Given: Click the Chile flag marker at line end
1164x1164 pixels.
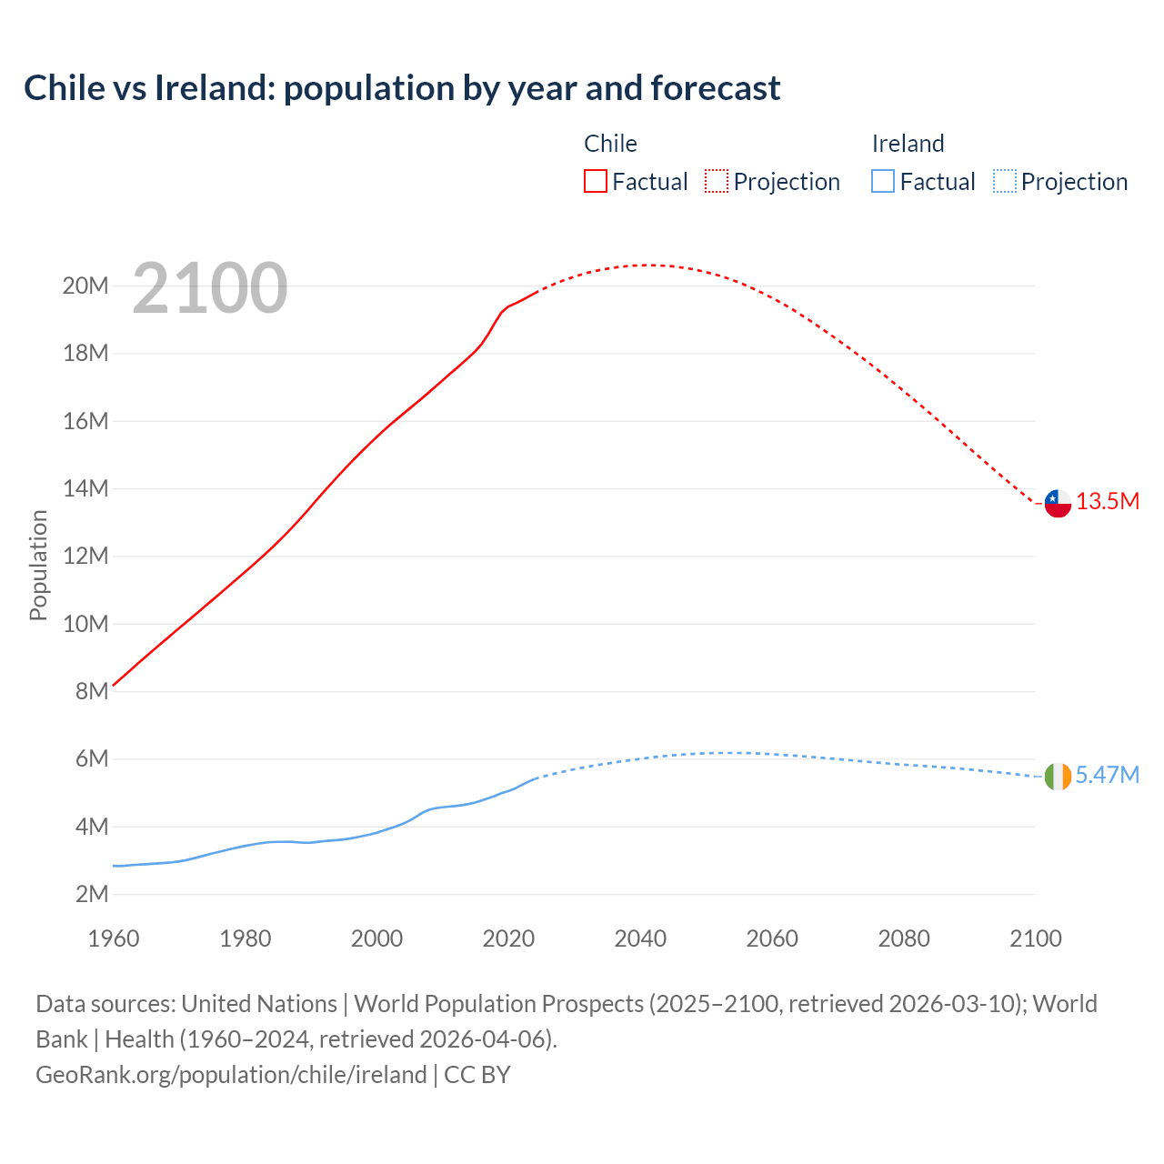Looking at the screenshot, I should click(x=1058, y=503).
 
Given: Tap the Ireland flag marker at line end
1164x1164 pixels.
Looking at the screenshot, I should click(x=1058, y=777).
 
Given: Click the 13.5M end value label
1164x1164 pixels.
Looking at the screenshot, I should click(x=1108, y=501).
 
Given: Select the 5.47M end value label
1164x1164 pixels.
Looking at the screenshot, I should click(x=1107, y=775).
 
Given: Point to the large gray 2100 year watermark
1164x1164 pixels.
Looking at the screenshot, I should click(x=210, y=288).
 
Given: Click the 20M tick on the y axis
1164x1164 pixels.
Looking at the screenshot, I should click(x=85, y=286).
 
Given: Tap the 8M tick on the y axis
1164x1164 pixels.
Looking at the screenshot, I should click(x=92, y=691).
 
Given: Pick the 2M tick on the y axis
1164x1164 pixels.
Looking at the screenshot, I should click(x=92, y=894).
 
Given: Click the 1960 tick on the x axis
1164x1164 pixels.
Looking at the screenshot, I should click(x=114, y=938).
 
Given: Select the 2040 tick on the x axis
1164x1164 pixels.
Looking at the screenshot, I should click(x=640, y=938).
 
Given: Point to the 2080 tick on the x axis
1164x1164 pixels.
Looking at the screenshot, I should click(x=904, y=938).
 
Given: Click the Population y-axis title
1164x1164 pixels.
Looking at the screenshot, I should click(x=38, y=565).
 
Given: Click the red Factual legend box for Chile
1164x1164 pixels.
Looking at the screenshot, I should click(x=596, y=181).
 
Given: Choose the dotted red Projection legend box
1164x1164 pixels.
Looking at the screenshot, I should click(x=717, y=181).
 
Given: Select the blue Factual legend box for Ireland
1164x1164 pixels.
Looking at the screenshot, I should click(x=883, y=181).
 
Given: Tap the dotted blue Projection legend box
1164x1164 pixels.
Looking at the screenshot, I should click(x=1004, y=181).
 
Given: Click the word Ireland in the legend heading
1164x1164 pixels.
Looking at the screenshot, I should click(x=908, y=144).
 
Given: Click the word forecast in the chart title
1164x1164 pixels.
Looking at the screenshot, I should click(x=716, y=88).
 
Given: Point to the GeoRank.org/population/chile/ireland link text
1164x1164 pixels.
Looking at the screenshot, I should click(x=231, y=1075).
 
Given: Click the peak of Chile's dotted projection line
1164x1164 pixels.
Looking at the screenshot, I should click(x=647, y=265).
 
